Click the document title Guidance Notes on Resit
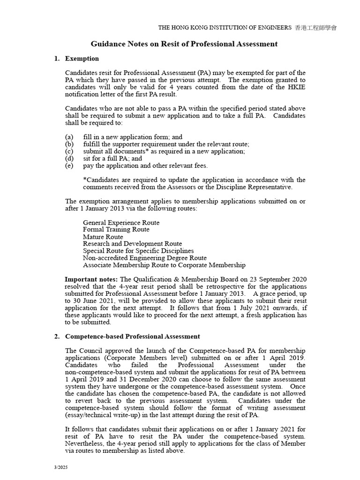coord(184,44)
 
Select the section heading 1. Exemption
coord(77,59)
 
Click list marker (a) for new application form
coord(69,137)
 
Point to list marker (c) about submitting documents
coord(69,151)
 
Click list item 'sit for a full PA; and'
coord(112,158)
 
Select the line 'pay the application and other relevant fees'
coord(145,165)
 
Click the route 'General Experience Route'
coord(121,223)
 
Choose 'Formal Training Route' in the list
coord(116,230)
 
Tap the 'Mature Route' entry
coord(103,237)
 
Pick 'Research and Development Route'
coord(132,244)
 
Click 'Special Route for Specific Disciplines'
coord(138,251)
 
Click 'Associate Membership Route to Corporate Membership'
coord(164,265)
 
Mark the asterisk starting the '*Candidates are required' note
coord(84,180)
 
